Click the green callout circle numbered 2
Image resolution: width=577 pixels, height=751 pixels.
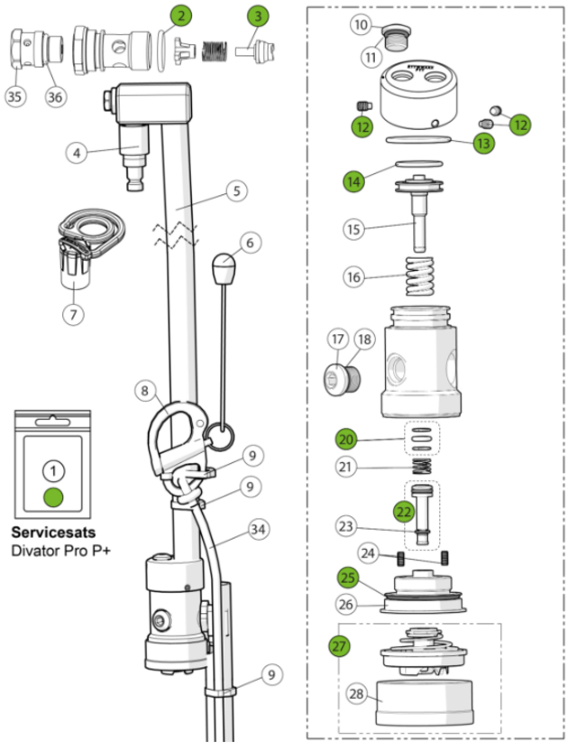point(182,15)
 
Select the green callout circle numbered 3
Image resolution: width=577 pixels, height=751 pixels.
point(260,15)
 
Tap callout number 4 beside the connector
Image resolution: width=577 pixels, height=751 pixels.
point(78,153)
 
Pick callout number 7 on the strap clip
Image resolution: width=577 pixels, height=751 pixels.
point(72,314)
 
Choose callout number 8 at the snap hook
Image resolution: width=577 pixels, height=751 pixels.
point(144,391)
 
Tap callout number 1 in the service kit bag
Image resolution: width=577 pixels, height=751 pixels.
point(54,469)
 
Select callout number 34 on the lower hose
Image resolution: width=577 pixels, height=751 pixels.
point(261,527)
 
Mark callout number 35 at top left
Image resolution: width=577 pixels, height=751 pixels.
point(16,96)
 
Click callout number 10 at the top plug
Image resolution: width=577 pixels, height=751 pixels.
point(360,24)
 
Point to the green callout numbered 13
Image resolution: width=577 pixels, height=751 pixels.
point(484,143)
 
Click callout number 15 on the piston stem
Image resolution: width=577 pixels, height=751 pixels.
point(355,229)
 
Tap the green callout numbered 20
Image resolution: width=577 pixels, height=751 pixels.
point(346,439)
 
